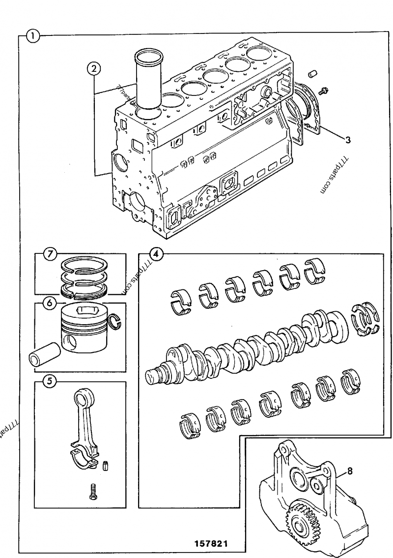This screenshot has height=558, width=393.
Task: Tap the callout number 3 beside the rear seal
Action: pyautogui.click(x=347, y=140)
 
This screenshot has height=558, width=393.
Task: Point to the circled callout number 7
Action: pyautogui.click(x=50, y=254)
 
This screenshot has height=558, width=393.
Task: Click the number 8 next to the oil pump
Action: pyautogui.click(x=350, y=471)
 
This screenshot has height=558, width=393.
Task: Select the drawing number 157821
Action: pyautogui.click(x=211, y=545)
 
